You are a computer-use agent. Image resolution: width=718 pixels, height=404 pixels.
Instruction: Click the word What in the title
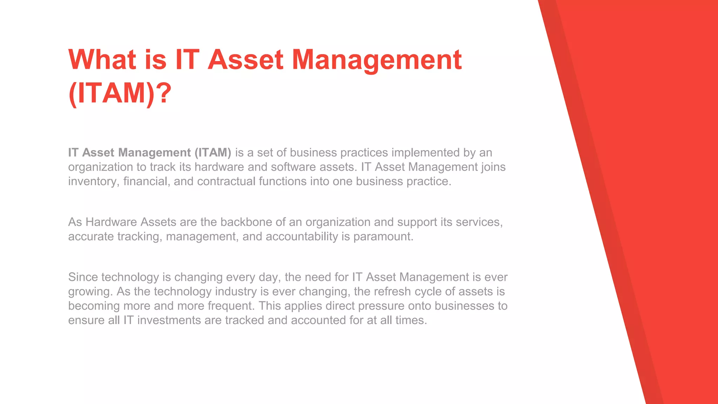click(102, 60)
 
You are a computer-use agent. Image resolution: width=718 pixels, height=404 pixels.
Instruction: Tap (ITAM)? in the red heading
click(120, 93)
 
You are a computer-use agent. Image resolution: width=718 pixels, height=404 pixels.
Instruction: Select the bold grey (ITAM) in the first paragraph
click(212, 153)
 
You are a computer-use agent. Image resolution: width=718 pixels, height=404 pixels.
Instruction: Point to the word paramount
click(383, 236)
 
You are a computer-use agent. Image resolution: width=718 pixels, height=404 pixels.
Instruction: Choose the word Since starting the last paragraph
click(83, 277)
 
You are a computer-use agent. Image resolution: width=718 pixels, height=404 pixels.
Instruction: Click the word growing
click(90, 292)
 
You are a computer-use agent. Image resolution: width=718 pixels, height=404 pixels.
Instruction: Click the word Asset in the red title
click(245, 60)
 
